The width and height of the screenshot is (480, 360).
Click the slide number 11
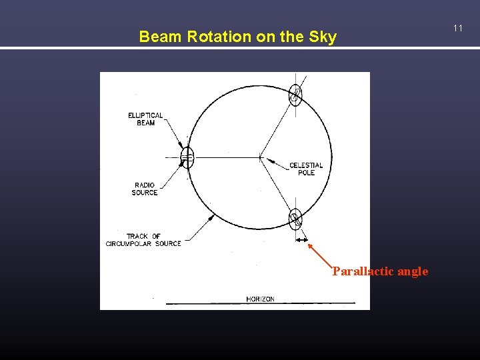click(x=457, y=28)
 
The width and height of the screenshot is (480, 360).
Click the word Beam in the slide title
click(x=161, y=37)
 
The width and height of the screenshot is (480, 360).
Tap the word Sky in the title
click(x=322, y=37)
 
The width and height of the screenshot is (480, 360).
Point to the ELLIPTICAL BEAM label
click(x=145, y=119)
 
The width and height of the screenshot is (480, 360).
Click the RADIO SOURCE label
click(x=145, y=189)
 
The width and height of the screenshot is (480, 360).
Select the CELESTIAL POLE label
click(x=306, y=169)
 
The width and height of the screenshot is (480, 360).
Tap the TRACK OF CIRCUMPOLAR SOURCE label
click(x=143, y=240)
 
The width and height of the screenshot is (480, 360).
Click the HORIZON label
click(x=260, y=299)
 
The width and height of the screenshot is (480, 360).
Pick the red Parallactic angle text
click(x=380, y=271)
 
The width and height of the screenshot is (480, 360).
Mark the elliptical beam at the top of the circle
click(x=295, y=95)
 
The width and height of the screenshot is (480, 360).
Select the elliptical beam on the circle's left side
click(x=187, y=157)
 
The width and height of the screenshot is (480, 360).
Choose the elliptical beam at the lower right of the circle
click(x=295, y=219)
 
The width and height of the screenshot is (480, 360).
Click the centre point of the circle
click(x=260, y=158)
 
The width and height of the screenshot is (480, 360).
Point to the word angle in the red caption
click(x=413, y=271)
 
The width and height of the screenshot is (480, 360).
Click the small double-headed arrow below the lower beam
click(x=302, y=240)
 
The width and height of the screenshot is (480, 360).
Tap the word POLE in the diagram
click(x=306, y=173)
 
